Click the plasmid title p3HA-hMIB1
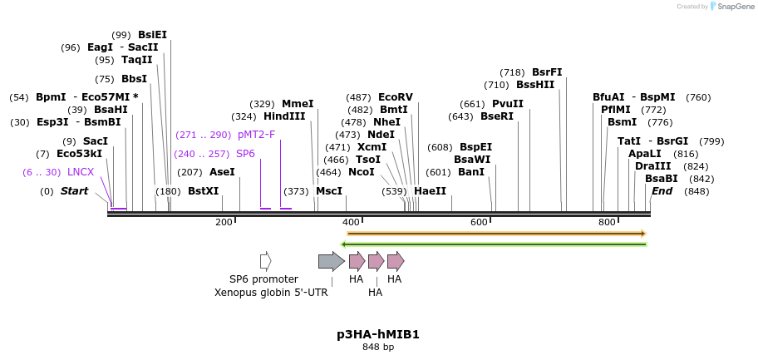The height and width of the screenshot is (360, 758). [x=378, y=334]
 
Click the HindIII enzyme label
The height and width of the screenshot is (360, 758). [x=284, y=116]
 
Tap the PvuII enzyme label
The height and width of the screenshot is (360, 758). [x=508, y=104]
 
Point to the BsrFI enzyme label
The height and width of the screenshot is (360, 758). [x=547, y=72]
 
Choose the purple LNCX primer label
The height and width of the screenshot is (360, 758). [x=81, y=172]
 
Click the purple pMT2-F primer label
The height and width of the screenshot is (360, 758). [x=256, y=135]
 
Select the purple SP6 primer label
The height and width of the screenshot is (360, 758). [x=245, y=154]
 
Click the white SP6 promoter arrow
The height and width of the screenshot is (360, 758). [x=266, y=261]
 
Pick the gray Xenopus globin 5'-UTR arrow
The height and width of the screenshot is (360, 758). [x=331, y=261]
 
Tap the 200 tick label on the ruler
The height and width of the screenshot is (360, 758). [x=224, y=222]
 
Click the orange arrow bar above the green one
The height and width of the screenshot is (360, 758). [x=496, y=234]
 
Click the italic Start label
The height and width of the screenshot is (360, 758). [x=74, y=191]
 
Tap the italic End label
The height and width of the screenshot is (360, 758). [x=662, y=191]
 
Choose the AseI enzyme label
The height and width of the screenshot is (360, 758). [x=222, y=172]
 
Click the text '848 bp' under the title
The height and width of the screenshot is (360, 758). [x=378, y=347]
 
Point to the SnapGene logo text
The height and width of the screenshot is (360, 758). [x=735, y=7]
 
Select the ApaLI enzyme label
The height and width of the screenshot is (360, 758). [x=645, y=154]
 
